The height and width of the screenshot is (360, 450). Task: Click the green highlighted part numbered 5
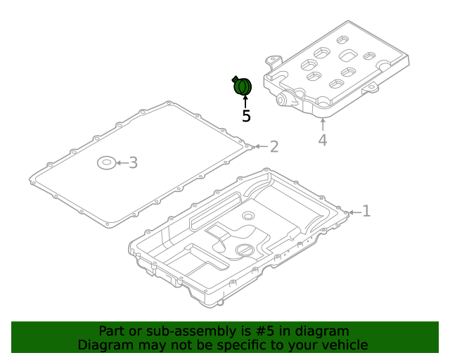point(242,86)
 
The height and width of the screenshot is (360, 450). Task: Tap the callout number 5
point(246,116)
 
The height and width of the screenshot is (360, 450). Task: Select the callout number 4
point(323,140)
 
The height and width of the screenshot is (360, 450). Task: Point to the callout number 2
point(274,147)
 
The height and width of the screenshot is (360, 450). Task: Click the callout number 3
point(133,163)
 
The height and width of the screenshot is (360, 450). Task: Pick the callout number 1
point(366,211)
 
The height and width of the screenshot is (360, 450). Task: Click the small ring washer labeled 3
point(106,163)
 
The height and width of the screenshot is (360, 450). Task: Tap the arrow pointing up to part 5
point(245,102)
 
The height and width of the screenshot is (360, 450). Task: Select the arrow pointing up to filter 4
point(323,124)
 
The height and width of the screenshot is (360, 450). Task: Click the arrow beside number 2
point(261,147)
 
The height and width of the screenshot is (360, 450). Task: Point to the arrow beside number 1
point(355,212)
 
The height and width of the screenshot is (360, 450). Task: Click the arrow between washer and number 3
point(122,163)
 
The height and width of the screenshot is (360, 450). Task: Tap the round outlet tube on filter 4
point(282,100)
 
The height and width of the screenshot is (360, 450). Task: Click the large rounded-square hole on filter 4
point(348,55)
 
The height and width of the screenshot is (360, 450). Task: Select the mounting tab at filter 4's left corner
point(274,61)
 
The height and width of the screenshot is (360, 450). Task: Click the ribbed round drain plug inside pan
point(245,250)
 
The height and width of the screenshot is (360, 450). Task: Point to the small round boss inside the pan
point(248,215)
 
